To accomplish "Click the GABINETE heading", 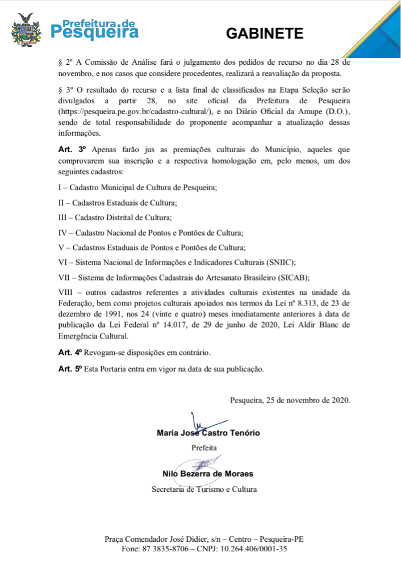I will [265, 34].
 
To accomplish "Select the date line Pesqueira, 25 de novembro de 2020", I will [290, 399].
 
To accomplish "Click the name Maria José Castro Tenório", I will [208, 433].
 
